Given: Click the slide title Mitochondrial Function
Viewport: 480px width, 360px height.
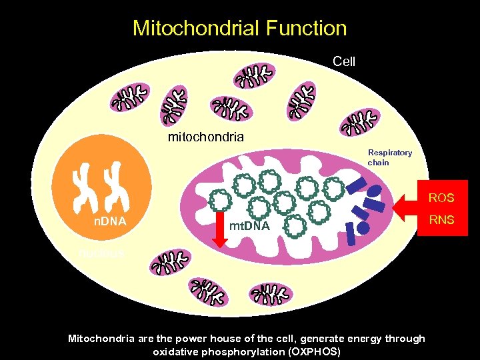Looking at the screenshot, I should click(x=239, y=28).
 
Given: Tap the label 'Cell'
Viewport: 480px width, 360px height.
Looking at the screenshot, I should click(x=344, y=61).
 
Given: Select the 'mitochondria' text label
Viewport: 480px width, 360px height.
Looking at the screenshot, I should click(x=205, y=137).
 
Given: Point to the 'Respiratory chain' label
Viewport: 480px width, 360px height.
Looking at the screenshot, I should click(x=390, y=157).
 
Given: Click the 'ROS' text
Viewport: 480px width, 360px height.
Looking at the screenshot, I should click(x=441, y=198).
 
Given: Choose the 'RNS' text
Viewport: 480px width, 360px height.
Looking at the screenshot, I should click(x=441, y=219).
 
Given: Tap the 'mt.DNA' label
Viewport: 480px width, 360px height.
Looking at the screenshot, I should click(x=249, y=227).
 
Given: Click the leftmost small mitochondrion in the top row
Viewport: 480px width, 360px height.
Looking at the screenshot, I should click(x=132, y=100).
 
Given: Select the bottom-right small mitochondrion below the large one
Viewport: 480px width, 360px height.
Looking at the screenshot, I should click(x=271, y=295).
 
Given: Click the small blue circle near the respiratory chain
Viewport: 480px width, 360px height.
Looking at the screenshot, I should click(x=364, y=227).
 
